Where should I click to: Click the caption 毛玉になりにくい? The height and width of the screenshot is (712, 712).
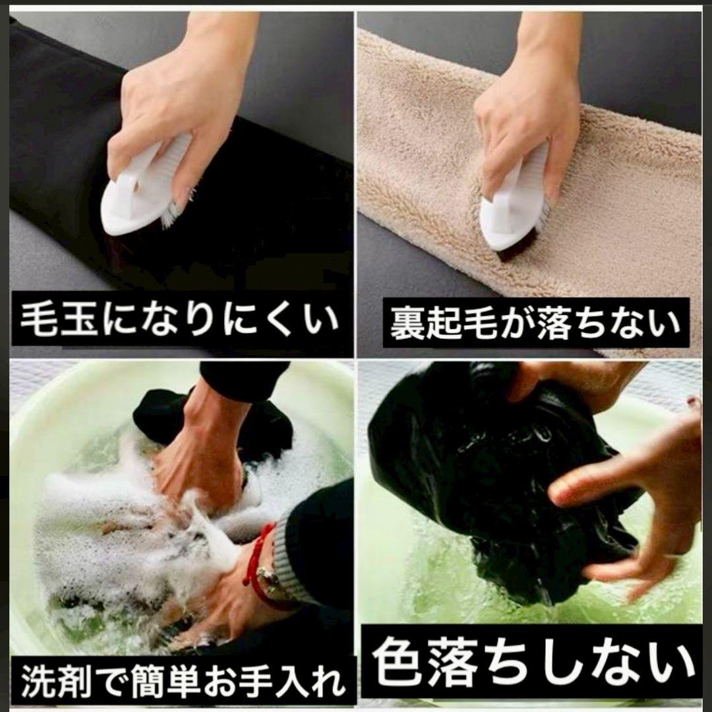pyautogui.click(x=180, y=319)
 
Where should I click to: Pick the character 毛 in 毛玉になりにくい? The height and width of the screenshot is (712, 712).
pyautogui.click(x=38, y=319)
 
